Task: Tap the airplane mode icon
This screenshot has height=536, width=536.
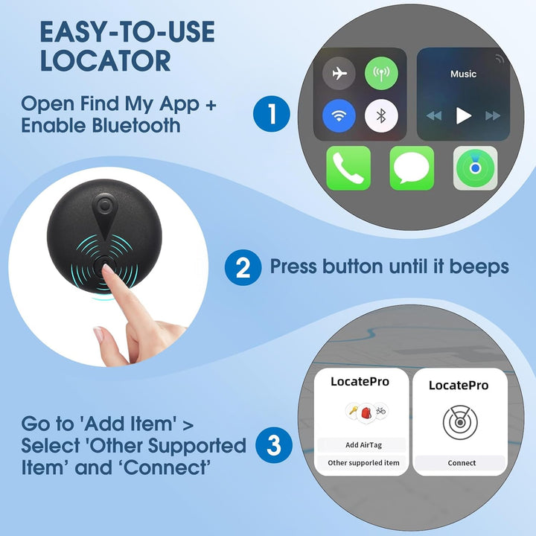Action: [x=339, y=74]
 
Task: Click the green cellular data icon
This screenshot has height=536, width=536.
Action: [x=381, y=73]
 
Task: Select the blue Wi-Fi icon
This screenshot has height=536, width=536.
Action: [x=339, y=116]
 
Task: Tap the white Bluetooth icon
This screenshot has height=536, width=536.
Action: [x=381, y=116]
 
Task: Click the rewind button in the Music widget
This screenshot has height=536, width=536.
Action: [x=434, y=116]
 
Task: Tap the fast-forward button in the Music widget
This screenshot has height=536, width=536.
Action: [x=493, y=116]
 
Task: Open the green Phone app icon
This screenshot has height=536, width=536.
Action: [x=348, y=168]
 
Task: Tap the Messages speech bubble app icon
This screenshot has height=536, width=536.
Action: [x=412, y=168]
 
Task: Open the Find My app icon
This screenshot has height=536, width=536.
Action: [x=475, y=168]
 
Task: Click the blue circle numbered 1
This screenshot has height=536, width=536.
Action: [x=272, y=114]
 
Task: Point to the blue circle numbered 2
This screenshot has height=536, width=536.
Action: [x=243, y=267]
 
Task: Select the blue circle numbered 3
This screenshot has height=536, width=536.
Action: [x=274, y=445]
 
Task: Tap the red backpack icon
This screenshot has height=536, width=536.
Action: [x=366, y=412]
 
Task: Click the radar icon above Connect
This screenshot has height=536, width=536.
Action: [x=460, y=423]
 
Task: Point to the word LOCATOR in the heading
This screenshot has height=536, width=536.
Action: [x=105, y=61]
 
